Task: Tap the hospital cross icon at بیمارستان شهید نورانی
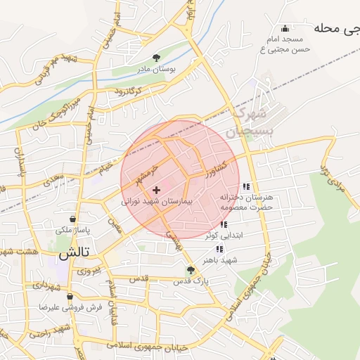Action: (156, 190)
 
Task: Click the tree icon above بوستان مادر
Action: (156, 58)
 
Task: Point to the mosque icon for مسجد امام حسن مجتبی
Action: (285, 29)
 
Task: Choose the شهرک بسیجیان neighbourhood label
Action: (247, 122)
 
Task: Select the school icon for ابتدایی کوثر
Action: (224, 224)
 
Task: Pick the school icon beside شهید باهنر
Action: (219, 249)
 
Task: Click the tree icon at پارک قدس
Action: (190, 269)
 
